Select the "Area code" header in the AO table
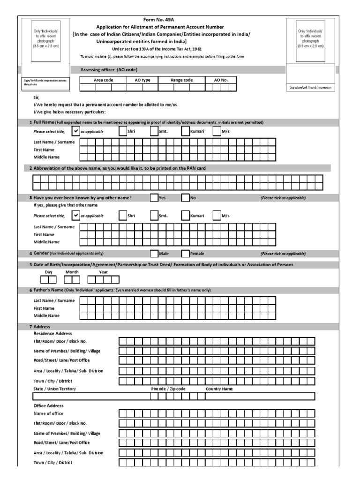click(x=104, y=80)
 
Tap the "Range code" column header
click(x=181, y=80)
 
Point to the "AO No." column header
click(x=221, y=80)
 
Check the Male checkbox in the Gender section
click(x=154, y=254)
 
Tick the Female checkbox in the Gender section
click(x=186, y=254)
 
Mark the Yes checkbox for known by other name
click(x=154, y=198)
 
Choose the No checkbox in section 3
click(x=186, y=198)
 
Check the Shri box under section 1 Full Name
click(x=123, y=132)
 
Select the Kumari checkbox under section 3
click(x=186, y=216)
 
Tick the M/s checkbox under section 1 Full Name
click(x=217, y=132)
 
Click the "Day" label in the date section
click(x=48, y=272)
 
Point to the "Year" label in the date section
click(x=103, y=272)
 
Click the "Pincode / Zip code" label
click(x=168, y=389)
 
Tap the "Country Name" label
click(x=219, y=389)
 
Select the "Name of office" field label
click(x=48, y=413)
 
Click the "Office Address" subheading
click(x=48, y=405)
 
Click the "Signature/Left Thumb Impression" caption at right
click(x=310, y=88)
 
